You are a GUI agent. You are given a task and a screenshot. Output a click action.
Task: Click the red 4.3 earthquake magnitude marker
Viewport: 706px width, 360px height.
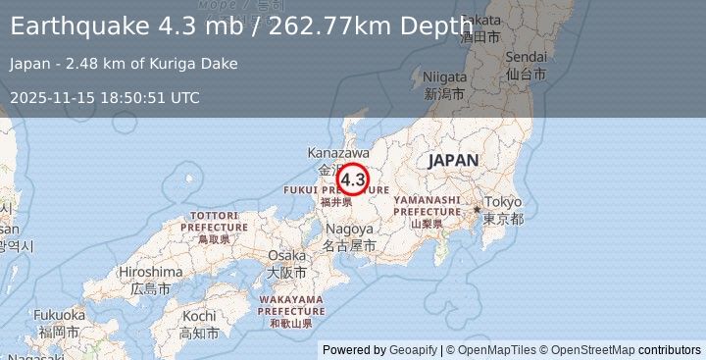tap(352, 180)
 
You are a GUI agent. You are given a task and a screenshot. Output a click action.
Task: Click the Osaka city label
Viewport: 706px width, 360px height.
tap(285, 255)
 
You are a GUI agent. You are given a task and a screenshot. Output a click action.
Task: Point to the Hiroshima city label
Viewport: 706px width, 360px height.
tap(150, 272)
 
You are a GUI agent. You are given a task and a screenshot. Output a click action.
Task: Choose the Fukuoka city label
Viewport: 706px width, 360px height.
tap(59, 315)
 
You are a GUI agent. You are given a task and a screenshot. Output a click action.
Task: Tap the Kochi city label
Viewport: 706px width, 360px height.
tap(199, 317)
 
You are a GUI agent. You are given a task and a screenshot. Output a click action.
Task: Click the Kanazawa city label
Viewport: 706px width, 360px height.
tap(337, 154)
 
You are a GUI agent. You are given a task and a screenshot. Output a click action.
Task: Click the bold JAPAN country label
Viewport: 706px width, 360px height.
tap(453, 160)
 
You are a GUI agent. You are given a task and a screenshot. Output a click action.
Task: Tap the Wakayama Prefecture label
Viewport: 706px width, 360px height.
tap(292, 304)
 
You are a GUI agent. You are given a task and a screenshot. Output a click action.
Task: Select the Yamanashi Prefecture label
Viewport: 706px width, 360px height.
tap(427, 205)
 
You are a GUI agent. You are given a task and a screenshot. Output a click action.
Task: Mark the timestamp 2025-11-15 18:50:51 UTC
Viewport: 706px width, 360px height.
tap(104, 97)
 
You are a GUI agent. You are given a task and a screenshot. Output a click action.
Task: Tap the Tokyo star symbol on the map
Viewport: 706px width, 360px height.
tap(478, 209)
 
